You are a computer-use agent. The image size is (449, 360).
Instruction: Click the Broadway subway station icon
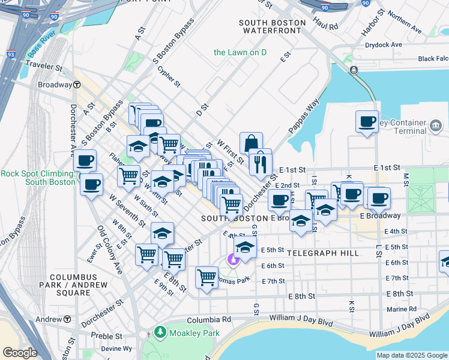(x=77, y=85)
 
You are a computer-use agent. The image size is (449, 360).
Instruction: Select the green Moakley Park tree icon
(x=160, y=332)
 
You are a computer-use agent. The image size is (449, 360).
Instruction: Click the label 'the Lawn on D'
(x=240, y=52)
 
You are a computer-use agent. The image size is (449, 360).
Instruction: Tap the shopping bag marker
(x=251, y=143)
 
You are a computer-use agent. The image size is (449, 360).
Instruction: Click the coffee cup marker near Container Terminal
(x=367, y=122)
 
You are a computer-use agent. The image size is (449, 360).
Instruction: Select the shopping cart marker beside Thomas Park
(x=206, y=278)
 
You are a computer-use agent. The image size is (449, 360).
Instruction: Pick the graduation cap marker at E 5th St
(x=244, y=246)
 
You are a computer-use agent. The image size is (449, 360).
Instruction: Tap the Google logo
(x=20, y=353)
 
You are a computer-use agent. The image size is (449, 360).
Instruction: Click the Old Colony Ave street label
(x=110, y=250)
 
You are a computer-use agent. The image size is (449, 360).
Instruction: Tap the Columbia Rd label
(x=208, y=320)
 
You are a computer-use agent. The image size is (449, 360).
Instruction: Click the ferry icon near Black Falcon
(x=354, y=70)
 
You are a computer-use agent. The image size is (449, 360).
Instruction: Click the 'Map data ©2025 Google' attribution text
(x=412, y=355)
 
